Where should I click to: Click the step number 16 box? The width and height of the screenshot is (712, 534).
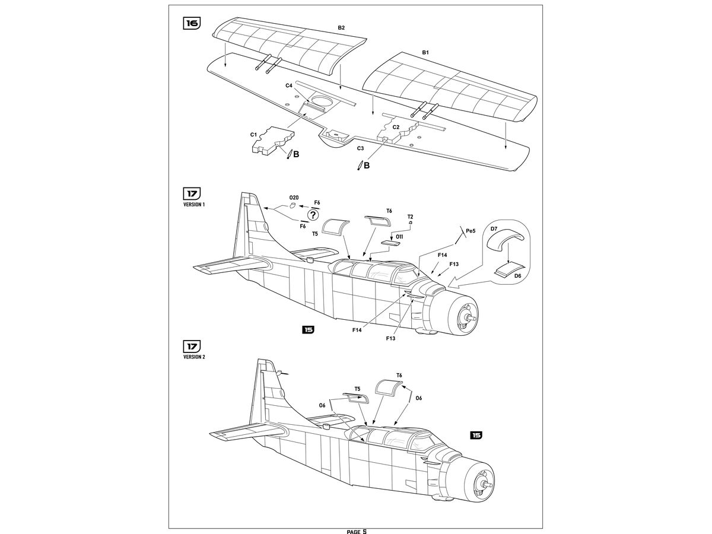[x=192, y=23]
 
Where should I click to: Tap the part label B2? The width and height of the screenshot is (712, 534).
[x=341, y=28]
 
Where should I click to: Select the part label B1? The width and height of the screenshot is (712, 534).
[x=425, y=53]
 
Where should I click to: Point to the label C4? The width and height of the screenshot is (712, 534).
[x=289, y=85]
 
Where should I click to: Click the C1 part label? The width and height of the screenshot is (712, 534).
[x=253, y=135]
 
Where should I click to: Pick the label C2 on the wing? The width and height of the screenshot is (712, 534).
[x=396, y=127]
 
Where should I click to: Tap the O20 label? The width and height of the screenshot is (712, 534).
[x=294, y=197]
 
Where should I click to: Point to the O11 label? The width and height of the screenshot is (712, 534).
[x=399, y=237]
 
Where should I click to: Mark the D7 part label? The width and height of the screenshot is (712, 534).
[x=494, y=228]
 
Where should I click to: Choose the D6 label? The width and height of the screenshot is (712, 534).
[x=518, y=276]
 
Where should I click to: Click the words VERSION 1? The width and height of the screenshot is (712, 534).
[x=195, y=205]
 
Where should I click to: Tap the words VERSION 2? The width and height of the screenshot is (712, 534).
[x=195, y=357]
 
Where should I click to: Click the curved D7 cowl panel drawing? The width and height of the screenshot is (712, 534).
[x=506, y=241]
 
